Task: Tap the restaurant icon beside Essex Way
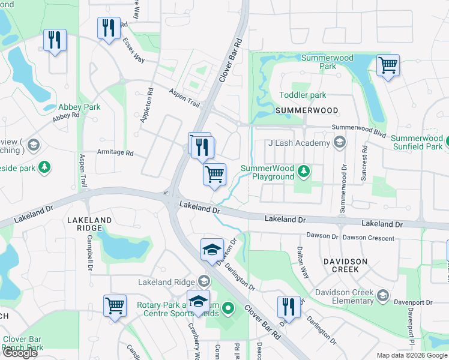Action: pos(109,28)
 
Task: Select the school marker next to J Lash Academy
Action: pos(340,143)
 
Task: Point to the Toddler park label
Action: pos(303,95)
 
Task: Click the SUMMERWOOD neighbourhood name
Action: pos(306,111)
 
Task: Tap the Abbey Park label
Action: pos(79,107)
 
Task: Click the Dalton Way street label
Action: pos(303,263)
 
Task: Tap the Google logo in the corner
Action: pos(19,353)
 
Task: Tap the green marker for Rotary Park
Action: pos(228,309)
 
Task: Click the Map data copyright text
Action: pos(411,355)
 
